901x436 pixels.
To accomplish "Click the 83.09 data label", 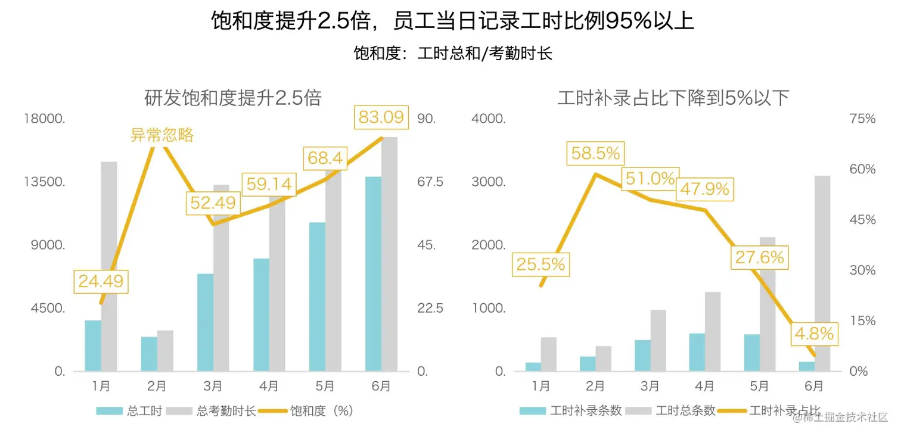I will coord(381,117).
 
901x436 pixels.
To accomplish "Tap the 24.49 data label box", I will coord(101,281).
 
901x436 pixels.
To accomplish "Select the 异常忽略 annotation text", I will coord(162,135).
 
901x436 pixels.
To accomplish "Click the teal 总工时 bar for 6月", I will coord(373,274).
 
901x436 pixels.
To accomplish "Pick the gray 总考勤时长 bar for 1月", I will coord(109,266).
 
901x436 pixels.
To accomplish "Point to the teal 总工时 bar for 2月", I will coord(149,354).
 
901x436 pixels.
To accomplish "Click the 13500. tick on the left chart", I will coord(44,182).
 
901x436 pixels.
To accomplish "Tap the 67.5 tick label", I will coord(430,182).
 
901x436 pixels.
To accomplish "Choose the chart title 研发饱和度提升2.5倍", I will coord(233,98).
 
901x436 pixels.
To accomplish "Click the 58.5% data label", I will coord(595,154).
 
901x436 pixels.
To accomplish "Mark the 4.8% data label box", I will coord(813,334).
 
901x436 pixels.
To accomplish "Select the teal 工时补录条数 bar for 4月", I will coord(697,352).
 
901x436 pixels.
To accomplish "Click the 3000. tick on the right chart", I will coord(489,182).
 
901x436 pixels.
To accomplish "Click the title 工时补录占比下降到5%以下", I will coord(673,98).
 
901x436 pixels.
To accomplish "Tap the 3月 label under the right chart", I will coord(650,386).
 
